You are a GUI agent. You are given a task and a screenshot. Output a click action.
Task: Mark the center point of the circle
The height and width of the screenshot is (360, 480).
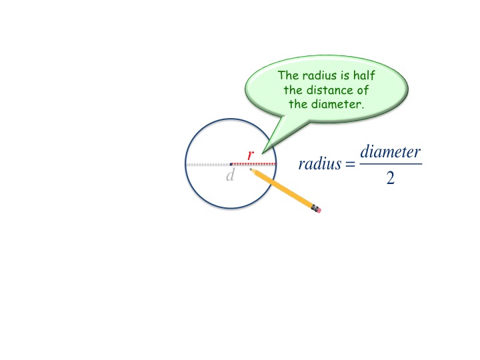pos(231,164)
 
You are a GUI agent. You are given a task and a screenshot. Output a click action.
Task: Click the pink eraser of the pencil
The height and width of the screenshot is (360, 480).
pos(317,209)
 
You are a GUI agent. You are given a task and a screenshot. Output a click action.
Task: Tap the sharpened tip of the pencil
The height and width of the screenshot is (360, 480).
pos(251,170)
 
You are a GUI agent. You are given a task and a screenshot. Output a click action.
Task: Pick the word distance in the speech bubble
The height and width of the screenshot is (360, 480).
pos(335,90)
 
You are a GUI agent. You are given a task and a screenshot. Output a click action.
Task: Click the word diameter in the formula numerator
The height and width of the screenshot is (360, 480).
pos(390,152)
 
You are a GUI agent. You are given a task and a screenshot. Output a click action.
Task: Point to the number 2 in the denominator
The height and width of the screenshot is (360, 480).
pos(390,178)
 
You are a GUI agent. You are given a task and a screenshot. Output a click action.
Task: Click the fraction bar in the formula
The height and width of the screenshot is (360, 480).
pos(390,164)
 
